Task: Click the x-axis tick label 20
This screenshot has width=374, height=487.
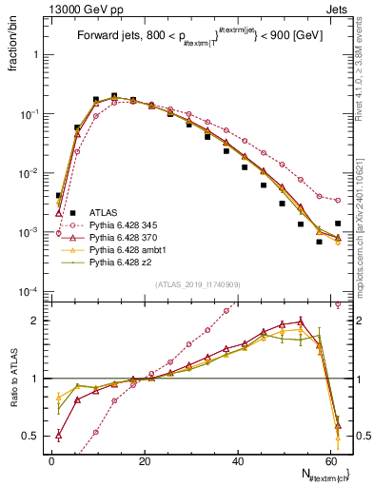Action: click(x=145, y=460)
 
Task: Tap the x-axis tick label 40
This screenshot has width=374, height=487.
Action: click(x=238, y=460)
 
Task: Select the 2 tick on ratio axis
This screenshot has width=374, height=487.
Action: click(x=36, y=321)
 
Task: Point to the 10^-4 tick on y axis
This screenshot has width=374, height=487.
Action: click(x=29, y=291)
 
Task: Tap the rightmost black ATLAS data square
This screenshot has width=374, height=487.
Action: click(x=338, y=224)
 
